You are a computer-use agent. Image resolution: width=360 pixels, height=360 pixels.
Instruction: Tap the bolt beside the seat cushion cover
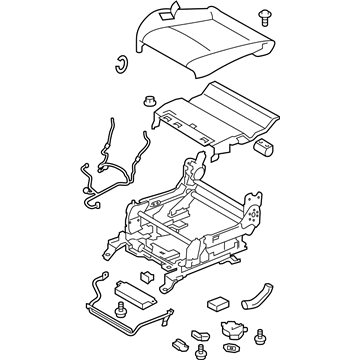pos(264,17)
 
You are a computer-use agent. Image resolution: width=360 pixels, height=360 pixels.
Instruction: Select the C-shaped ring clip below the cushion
pos(119,66)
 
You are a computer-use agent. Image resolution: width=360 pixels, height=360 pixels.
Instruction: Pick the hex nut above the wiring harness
pos(147,102)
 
